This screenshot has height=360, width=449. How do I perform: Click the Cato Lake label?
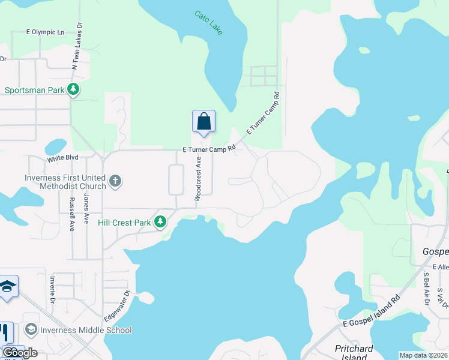(x=209, y=22)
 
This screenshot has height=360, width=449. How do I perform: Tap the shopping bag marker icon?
(x=203, y=121)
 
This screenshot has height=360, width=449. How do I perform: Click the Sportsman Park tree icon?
(x=73, y=90)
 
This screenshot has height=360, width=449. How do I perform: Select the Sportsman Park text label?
(x=34, y=91)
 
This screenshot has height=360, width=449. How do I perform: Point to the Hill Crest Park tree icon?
(x=160, y=223)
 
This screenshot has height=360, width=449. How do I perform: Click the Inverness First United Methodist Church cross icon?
(x=115, y=180)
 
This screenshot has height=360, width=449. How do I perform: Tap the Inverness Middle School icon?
(x=31, y=329)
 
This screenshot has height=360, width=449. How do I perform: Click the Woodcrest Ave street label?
(x=196, y=178)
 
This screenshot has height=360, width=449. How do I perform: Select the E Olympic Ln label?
(x=45, y=32)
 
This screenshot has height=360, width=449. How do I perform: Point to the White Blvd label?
(x=64, y=160)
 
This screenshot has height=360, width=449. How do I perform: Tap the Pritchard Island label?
(x=354, y=353)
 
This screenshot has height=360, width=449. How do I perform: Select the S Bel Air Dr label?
(x=426, y=289)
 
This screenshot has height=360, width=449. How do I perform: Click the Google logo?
(x=20, y=353)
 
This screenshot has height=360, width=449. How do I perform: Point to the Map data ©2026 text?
(x=423, y=355)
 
